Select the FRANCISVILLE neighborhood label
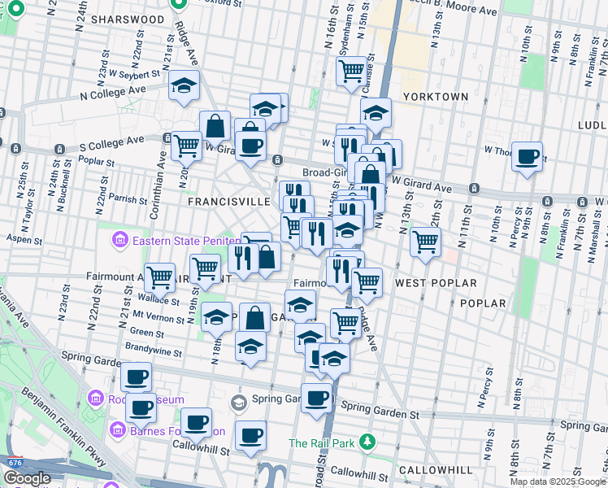click(x=228, y=201)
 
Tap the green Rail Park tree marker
click(x=368, y=442)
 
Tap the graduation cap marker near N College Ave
click(x=185, y=85)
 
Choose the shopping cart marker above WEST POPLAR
click(x=425, y=241)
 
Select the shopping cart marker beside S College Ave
click(x=186, y=146)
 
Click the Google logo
click(x=27, y=478)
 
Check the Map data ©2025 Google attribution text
click(x=558, y=481)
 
